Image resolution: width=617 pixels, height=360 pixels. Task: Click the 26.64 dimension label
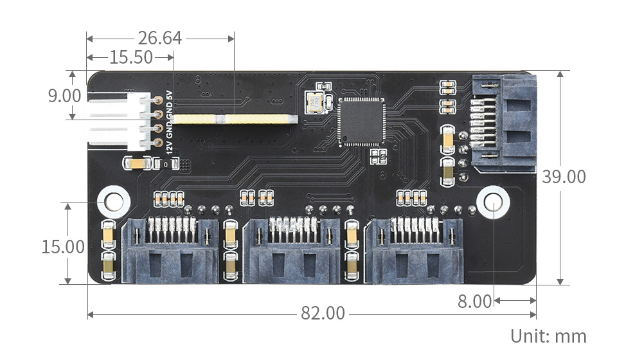pyautogui.click(x=159, y=39)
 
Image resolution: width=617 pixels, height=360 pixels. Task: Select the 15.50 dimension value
pyautogui.click(x=131, y=58)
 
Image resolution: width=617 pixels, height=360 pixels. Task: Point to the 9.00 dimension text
pyautogui.click(x=64, y=96)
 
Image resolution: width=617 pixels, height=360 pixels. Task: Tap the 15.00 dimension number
pyautogui.click(x=63, y=247)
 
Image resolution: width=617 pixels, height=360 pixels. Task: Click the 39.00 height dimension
pyautogui.click(x=564, y=177)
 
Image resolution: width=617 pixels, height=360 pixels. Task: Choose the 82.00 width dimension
pyautogui.click(x=323, y=314)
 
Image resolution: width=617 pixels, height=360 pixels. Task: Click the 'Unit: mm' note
pyautogui.click(x=548, y=336)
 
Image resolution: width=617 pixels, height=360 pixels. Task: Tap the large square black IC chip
pyautogui.click(x=361, y=122)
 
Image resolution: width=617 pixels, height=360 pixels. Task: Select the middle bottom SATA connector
pyautogui.click(x=291, y=251)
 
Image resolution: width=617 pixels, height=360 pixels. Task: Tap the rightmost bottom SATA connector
pyautogui.click(x=414, y=251)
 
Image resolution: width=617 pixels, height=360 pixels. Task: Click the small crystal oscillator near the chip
pyautogui.click(x=316, y=103)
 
